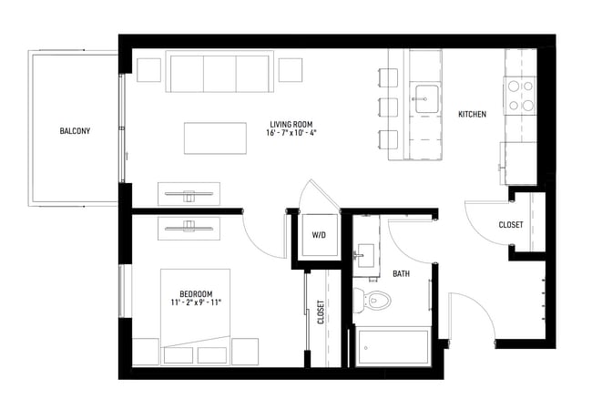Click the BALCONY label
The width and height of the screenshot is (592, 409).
pos(75,130)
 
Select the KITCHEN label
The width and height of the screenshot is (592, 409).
pos(472,115)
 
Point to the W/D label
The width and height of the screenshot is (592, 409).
pos(319,234)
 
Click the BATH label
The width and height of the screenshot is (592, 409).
pos(401,273)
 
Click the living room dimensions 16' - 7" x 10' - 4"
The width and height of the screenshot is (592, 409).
pos(292,133)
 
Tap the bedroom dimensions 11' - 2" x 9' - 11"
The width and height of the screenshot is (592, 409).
pos(196,303)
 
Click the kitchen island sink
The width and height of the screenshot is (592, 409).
pos(426,98)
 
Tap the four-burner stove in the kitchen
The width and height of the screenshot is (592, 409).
pos(520,96)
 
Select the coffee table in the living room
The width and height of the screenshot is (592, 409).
pos(214,138)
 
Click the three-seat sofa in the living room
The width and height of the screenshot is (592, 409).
pos(219,73)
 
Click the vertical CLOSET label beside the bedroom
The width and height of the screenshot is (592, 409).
pos(322,312)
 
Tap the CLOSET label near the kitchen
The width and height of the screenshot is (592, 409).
pos(511,225)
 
